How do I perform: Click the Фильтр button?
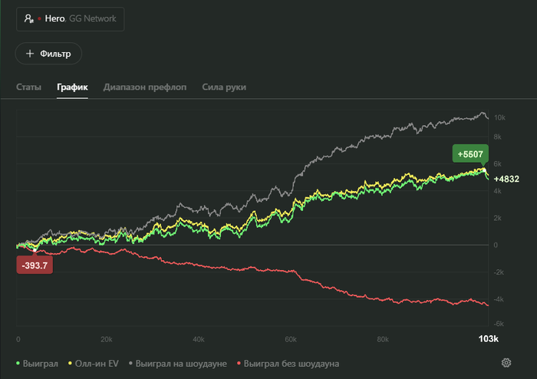click(48, 54)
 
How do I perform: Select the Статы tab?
click(29, 87)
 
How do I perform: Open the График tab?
click(72, 87)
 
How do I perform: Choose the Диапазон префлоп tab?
click(145, 87)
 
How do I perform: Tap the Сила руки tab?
click(224, 87)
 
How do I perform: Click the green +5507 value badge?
click(469, 154)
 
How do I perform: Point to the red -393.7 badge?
click(35, 265)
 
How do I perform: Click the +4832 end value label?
click(506, 180)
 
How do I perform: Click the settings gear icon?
click(506, 363)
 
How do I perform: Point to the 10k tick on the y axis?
click(499, 118)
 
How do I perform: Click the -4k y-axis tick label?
click(499, 299)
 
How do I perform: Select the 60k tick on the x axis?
click(291, 338)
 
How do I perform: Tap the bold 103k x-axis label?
click(489, 338)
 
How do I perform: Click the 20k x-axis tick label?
click(107, 338)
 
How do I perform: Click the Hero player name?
click(54, 18)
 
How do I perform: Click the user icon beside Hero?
click(29, 18)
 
